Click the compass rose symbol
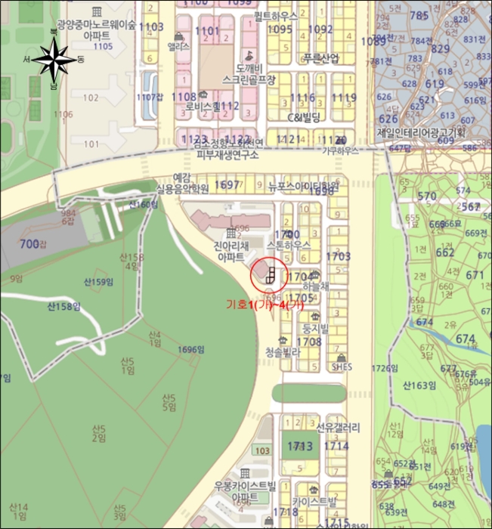click(x=54, y=58)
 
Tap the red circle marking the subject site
click(x=270, y=277)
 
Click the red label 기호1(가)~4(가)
click(x=265, y=305)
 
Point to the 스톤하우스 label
click(x=291, y=246)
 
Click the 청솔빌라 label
click(x=283, y=351)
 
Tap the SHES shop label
click(x=342, y=367)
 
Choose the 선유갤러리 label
click(x=337, y=428)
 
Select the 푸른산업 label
click(x=321, y=58)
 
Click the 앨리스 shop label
click(x=178, y=45)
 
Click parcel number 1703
click(x=338, y=257)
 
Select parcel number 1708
click(x=308, y=342)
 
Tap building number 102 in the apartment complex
click(x=91, y=97)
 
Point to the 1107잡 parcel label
click(x=150, y=97)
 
